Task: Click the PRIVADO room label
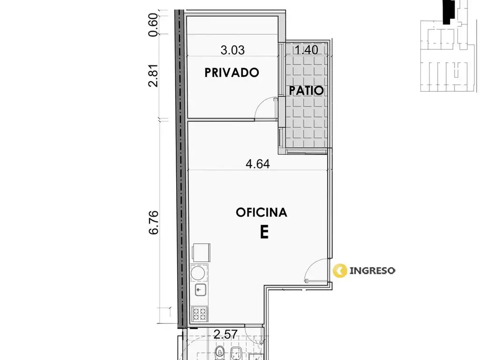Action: [x=232, y=73]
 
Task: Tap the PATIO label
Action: [x=307, y=90]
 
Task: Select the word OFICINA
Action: [x=262, y=212]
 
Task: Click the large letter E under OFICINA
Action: [x=264, y=232]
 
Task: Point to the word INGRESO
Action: [x=372, y=270]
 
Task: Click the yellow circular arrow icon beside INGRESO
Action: [x=340, y=270]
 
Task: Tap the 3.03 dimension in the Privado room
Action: [x=232, y=50]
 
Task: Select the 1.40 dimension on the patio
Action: [x=307, y=50]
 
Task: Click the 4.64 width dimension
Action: [x=258, y=164]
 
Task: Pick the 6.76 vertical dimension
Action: [x=154, y=222]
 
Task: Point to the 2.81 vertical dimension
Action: [x=153, y=75]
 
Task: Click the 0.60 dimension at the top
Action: [x=153, y=25]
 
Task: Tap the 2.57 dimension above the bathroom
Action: [x=225, y=334]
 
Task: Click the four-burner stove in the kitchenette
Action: [x=200, y=315]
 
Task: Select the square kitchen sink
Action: [x=200, y=289]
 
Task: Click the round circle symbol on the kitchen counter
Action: [x=199, y=273]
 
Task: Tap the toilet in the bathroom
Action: [x=220, y=353]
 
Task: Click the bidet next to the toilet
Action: [x=235, y=353]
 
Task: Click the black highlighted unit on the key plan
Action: [x=449, y=12]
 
